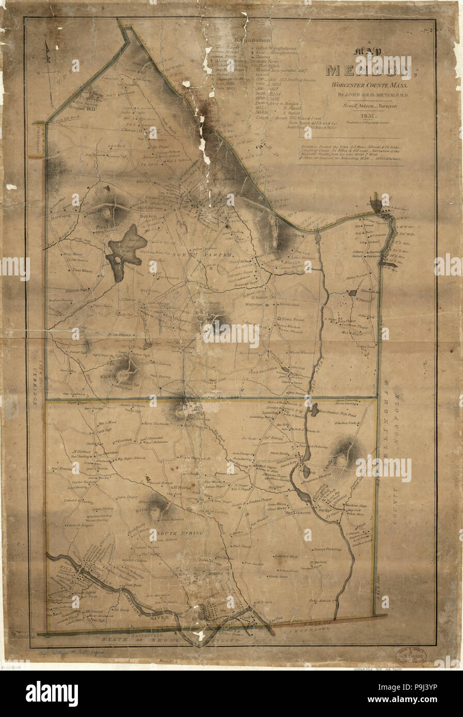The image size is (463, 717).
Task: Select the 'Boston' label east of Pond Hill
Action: pos(148,218)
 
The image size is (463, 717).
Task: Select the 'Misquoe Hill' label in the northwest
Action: pos(81,110)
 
